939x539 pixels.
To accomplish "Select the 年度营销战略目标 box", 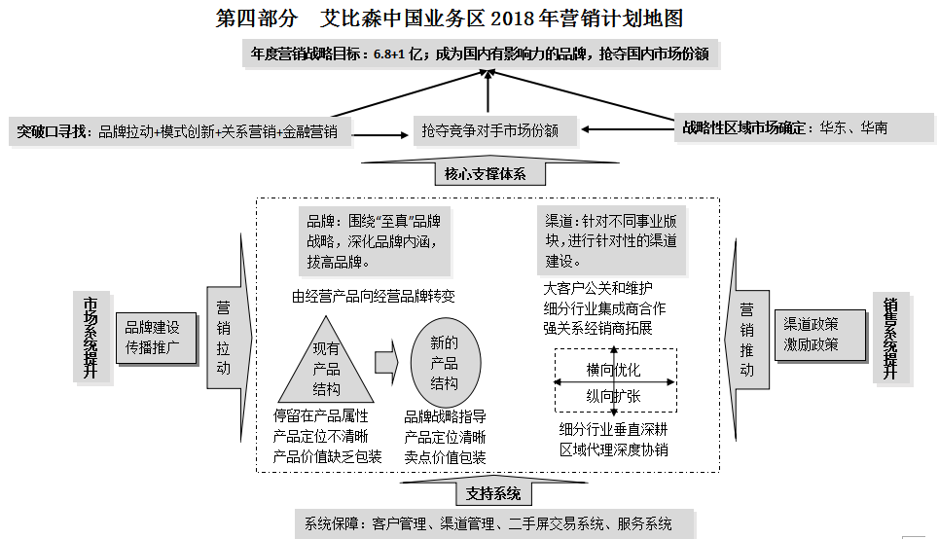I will click(x=483, y=54).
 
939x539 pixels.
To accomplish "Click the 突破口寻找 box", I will click(x=182, y=131).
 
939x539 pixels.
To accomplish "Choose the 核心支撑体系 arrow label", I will click(x=489, y=173).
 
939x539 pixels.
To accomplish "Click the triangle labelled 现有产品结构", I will click(x=326, y=370).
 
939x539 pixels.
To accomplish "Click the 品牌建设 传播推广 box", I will click(x=153, y=337).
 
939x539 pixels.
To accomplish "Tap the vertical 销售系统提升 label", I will click(x=889, y=337).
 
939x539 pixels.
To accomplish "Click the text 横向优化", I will click(x=613, y=370).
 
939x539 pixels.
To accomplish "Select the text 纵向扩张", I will click(x=613, y=396).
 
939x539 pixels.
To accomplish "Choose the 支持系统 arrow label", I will click(x=491, y=492).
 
